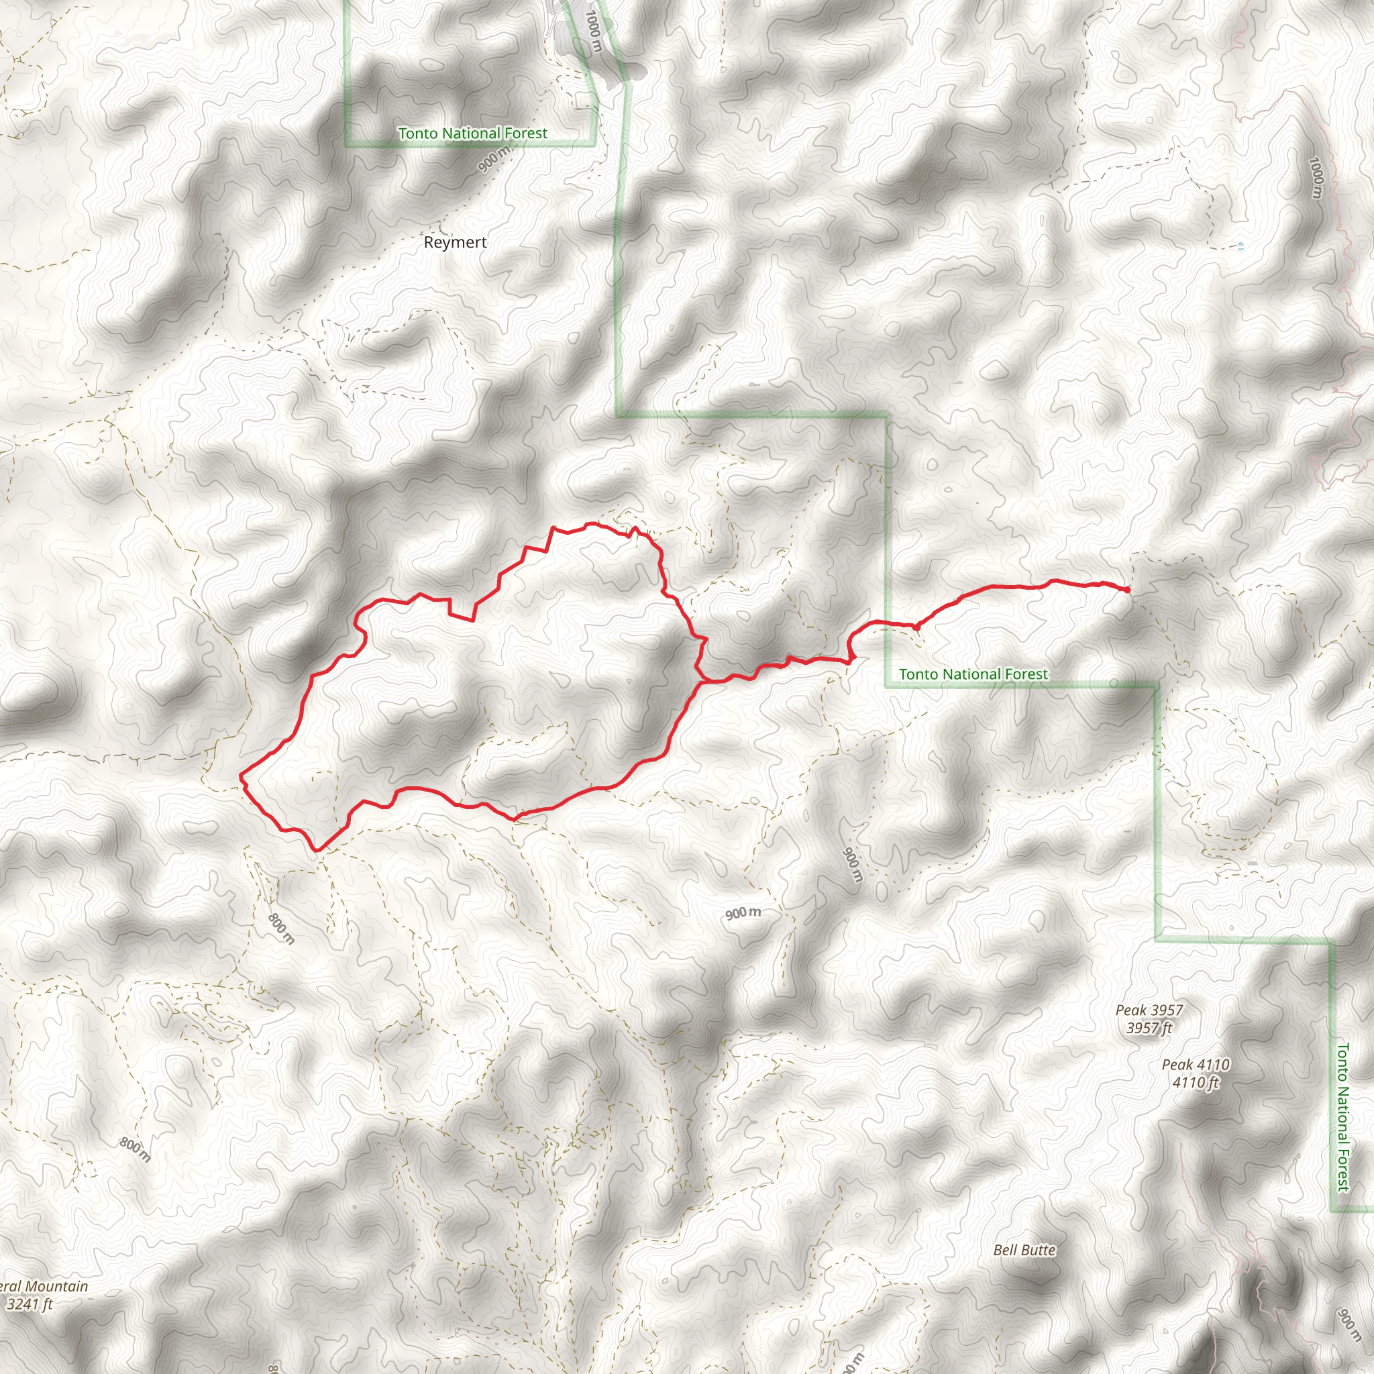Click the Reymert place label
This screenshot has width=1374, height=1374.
point(455,242)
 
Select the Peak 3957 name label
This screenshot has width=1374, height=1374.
point(1149,1010)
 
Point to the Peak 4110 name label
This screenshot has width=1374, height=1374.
point(1196,1065)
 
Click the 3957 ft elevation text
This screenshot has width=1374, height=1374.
point(1149,1028)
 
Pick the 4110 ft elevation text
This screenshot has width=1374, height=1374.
point(1196,1082)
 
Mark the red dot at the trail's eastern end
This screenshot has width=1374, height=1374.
point(1128,590)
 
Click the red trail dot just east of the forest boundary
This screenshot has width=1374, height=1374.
point(916,627)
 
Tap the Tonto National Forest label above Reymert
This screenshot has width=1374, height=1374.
point(472,134)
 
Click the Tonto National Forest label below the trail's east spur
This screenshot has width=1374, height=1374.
point(973,674)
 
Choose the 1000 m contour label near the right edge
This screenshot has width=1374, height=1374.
point(1316,178)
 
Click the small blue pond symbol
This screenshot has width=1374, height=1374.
point(1241,246)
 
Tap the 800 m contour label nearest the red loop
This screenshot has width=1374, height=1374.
point(282,928)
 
